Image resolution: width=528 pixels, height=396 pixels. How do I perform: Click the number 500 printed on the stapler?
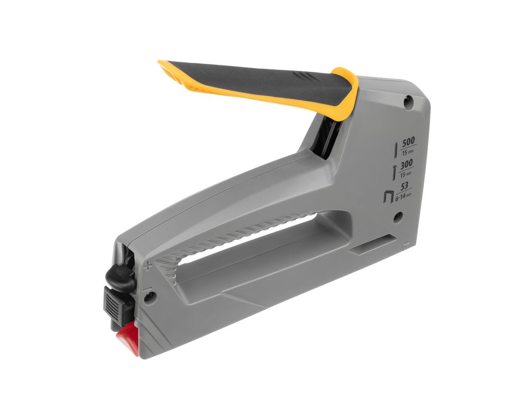[x=409, y=141]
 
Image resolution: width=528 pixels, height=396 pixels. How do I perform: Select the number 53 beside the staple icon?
[x=404, y=186]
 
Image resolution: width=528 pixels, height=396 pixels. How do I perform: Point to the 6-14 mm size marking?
[x=403, y=196]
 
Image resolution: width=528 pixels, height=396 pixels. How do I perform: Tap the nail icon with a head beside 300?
[x=394, y=173]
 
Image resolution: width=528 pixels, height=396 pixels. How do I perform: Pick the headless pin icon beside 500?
[x=397, y=149]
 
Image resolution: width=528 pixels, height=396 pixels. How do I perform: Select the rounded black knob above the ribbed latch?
[x=117, y=276]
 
